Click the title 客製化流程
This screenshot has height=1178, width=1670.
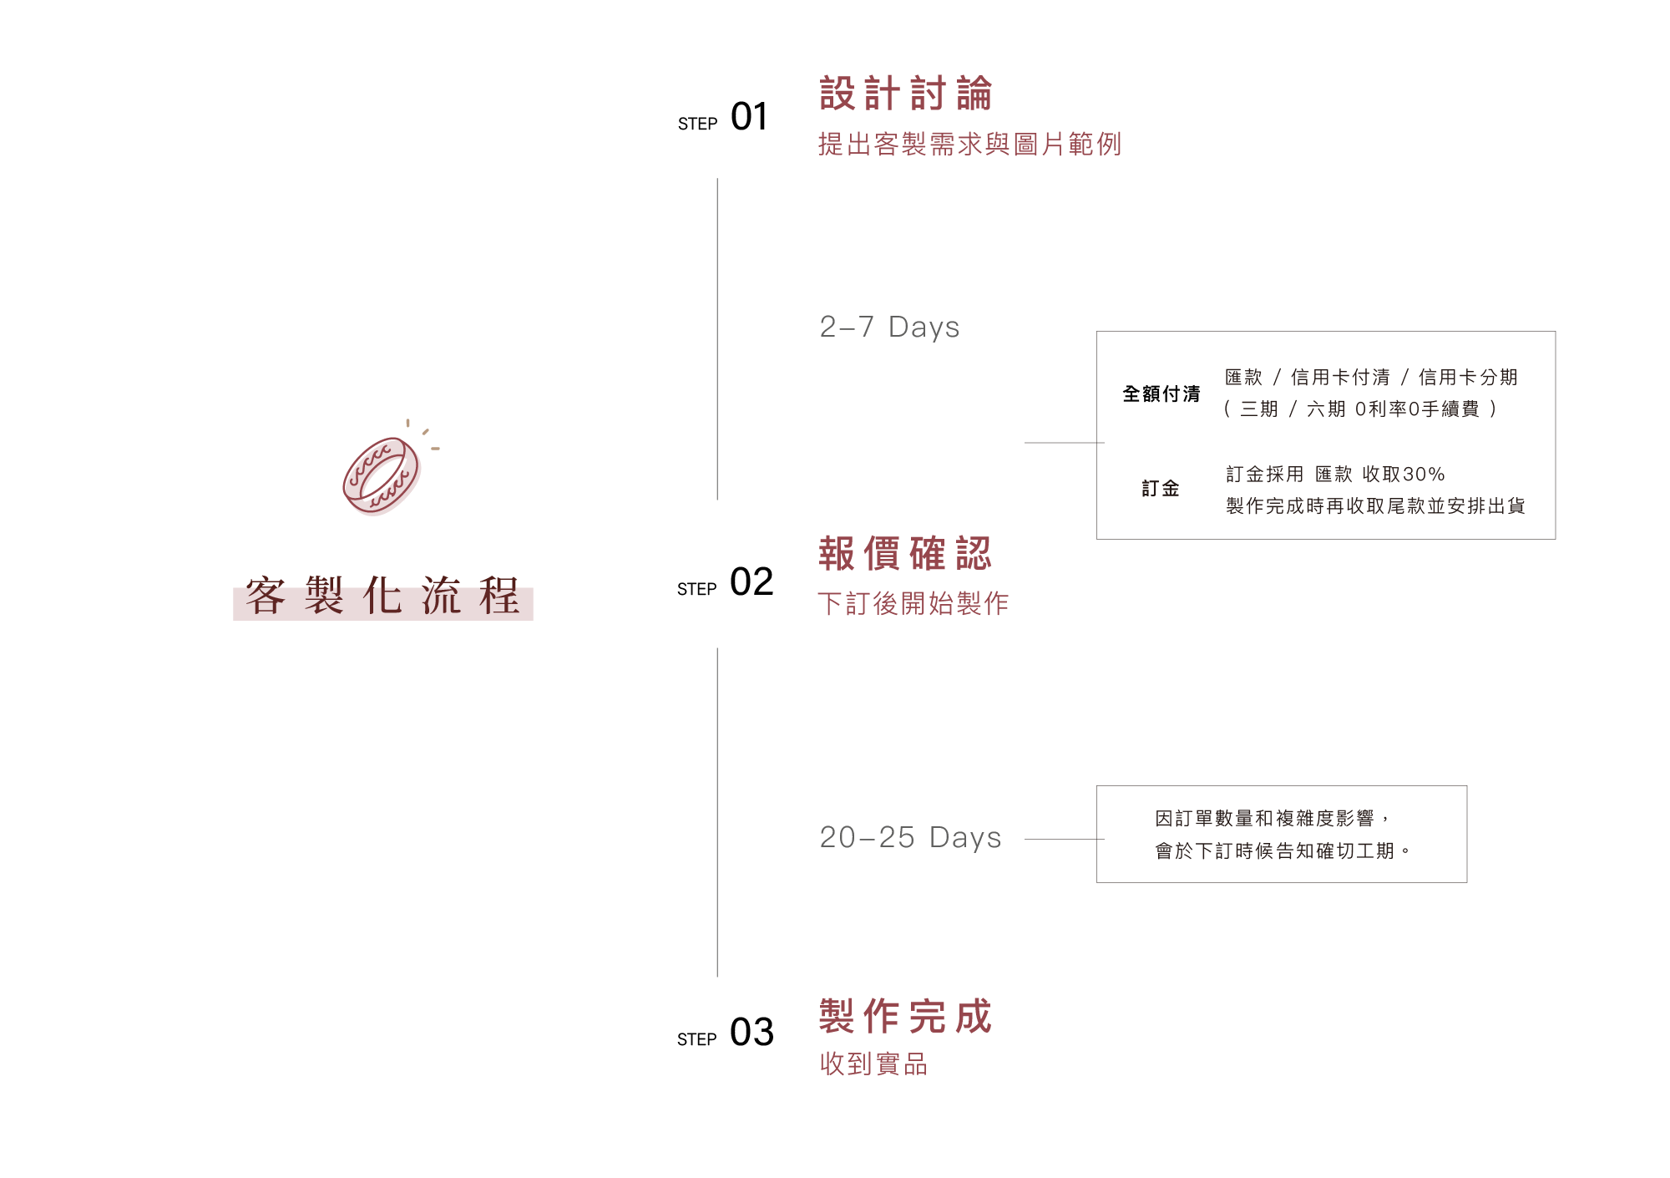tap(382, 597)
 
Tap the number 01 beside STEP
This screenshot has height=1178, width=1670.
tap(749, 117)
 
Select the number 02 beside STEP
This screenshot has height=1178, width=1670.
tap(751, 582)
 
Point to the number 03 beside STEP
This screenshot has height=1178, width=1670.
tap(751, 1033)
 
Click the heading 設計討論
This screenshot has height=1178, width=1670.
tap(906, 94)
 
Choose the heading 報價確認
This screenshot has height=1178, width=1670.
tap(905, 554)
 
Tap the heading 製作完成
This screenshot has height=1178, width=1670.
tap(905, 1017)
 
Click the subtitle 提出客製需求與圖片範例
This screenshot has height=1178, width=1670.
tap(969, 145)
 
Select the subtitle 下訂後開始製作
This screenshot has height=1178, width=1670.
tap(913, 603)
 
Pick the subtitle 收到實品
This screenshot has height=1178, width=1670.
tap(873, 1064)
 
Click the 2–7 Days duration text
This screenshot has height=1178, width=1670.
tap(889, 328)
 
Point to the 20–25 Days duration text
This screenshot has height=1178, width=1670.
tap(910, 838)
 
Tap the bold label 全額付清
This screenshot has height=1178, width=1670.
tap(1161, 394)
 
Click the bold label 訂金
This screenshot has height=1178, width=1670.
tap(1161, 489)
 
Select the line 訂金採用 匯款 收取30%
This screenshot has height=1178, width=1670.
tap(1334, 475)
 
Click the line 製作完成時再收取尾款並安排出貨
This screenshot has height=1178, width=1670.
tap(1375, 506)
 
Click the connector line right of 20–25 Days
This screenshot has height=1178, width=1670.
tap(1064, 839)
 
